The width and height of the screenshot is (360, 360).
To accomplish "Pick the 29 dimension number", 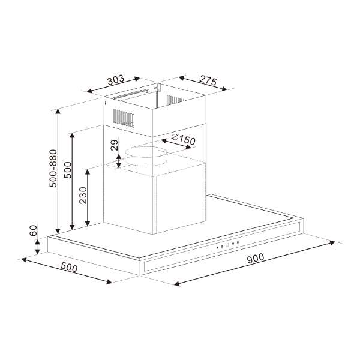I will click(x=113, y=146).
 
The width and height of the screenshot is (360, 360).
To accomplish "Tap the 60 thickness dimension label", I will click(x=34, y=231).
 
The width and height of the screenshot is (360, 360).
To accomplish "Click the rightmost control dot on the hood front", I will click(x=238, y=242).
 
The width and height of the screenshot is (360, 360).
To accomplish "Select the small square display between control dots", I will click(x=227, y=244).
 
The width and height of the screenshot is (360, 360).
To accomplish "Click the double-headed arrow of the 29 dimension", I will click(x=119, y=160).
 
